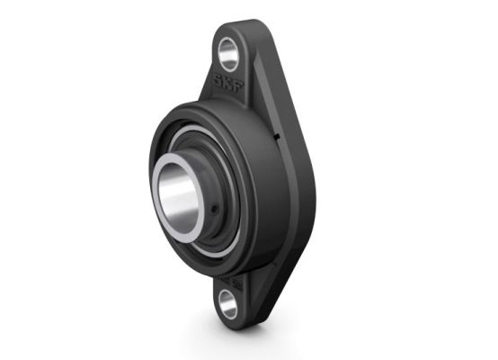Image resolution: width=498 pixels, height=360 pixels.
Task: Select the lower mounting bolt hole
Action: point(228,304)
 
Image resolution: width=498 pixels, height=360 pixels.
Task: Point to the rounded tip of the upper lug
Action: point(236,28)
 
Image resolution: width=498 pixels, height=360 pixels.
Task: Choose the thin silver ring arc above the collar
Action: point(189,136)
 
